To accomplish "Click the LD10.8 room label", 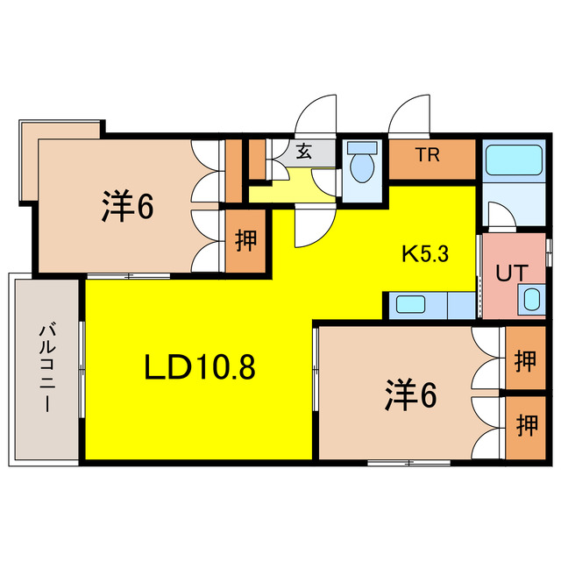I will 199,367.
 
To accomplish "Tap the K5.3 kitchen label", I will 425,255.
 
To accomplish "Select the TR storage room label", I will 427,157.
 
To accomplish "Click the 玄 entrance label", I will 303,152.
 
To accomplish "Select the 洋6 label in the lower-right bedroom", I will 409,396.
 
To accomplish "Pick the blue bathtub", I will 515,160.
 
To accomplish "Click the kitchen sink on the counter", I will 409,305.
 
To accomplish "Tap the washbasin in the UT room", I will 531,299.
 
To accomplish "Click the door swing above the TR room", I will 411,117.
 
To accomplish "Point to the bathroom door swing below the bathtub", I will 499,215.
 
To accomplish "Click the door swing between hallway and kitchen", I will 309,226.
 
